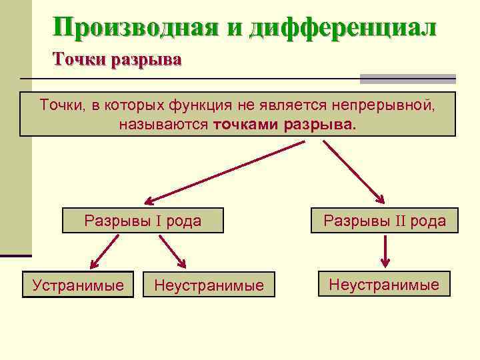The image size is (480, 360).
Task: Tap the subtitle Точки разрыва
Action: (x=117, y=60)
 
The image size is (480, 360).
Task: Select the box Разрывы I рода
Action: (x=143, y=221)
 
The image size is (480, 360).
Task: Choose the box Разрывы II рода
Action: (x=385, y=221)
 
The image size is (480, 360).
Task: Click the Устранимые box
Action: (x=79, y=285)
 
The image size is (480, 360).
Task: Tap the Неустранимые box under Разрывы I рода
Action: (x=209, y=285)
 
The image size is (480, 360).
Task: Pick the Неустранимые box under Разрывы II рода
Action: (x=384, y=285)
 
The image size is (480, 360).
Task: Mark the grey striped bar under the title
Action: (x=407, y=79)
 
